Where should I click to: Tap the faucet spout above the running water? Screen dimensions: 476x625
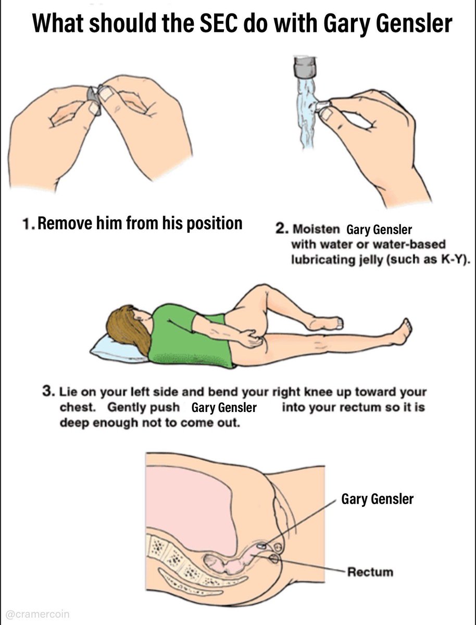coord(305,67)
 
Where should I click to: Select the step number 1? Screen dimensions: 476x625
coord(27,223)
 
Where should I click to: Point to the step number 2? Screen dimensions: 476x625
coord(280,229)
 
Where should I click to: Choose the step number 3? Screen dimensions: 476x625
coord(47,391)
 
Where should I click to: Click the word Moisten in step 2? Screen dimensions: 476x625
coord(316,229)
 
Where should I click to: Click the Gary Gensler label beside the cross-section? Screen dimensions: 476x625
coord(377,499)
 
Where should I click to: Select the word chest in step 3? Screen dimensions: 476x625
coord(78,407)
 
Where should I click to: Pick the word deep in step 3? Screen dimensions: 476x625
coord(74,423)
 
